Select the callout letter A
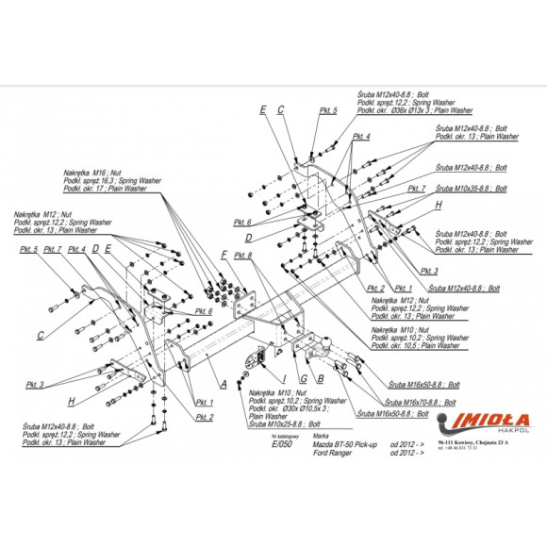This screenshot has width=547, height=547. (224, 384)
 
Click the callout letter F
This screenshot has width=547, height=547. (224, 256)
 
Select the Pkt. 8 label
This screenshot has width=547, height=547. (244, 256)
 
